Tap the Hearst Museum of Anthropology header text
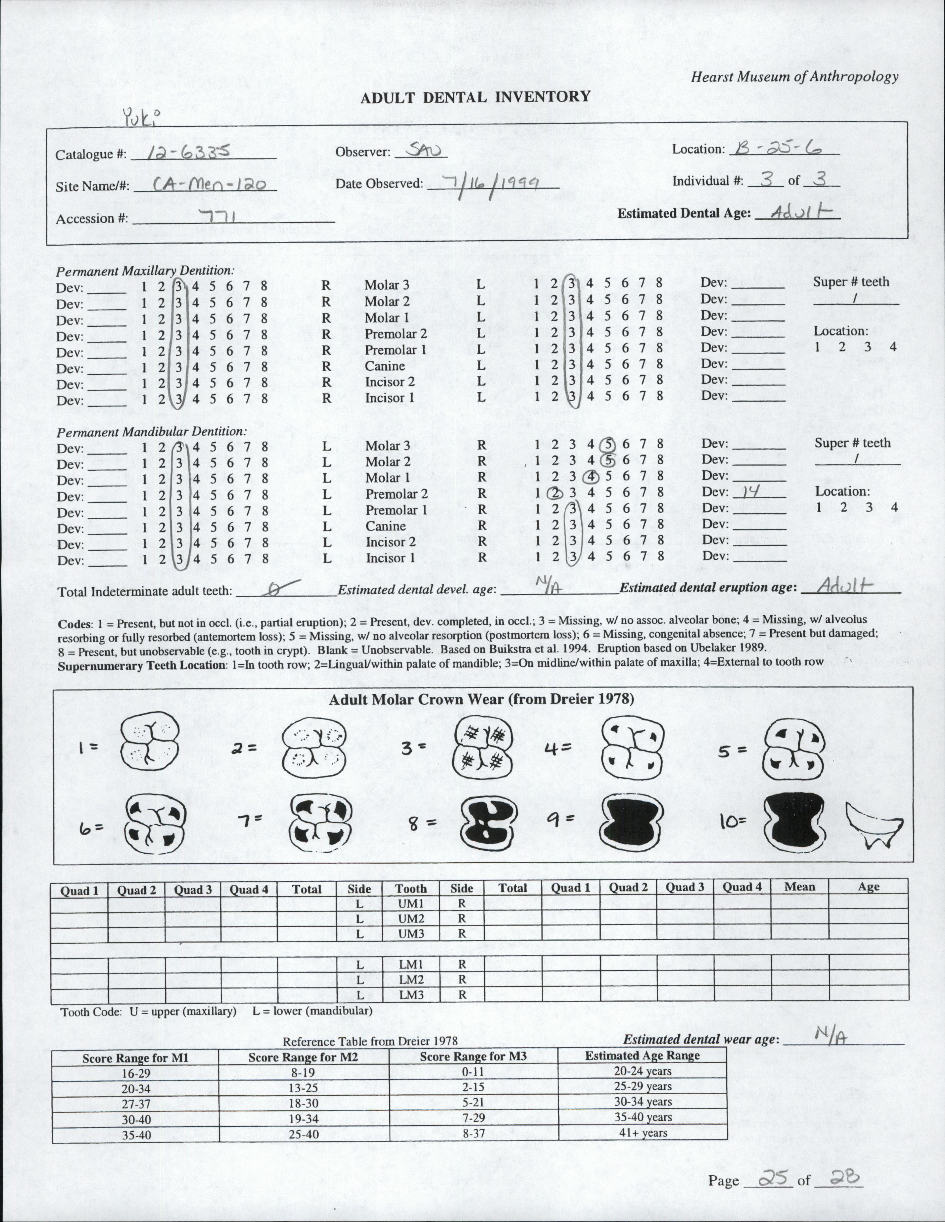795,77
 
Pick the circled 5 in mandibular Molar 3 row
608,445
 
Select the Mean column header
799,887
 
